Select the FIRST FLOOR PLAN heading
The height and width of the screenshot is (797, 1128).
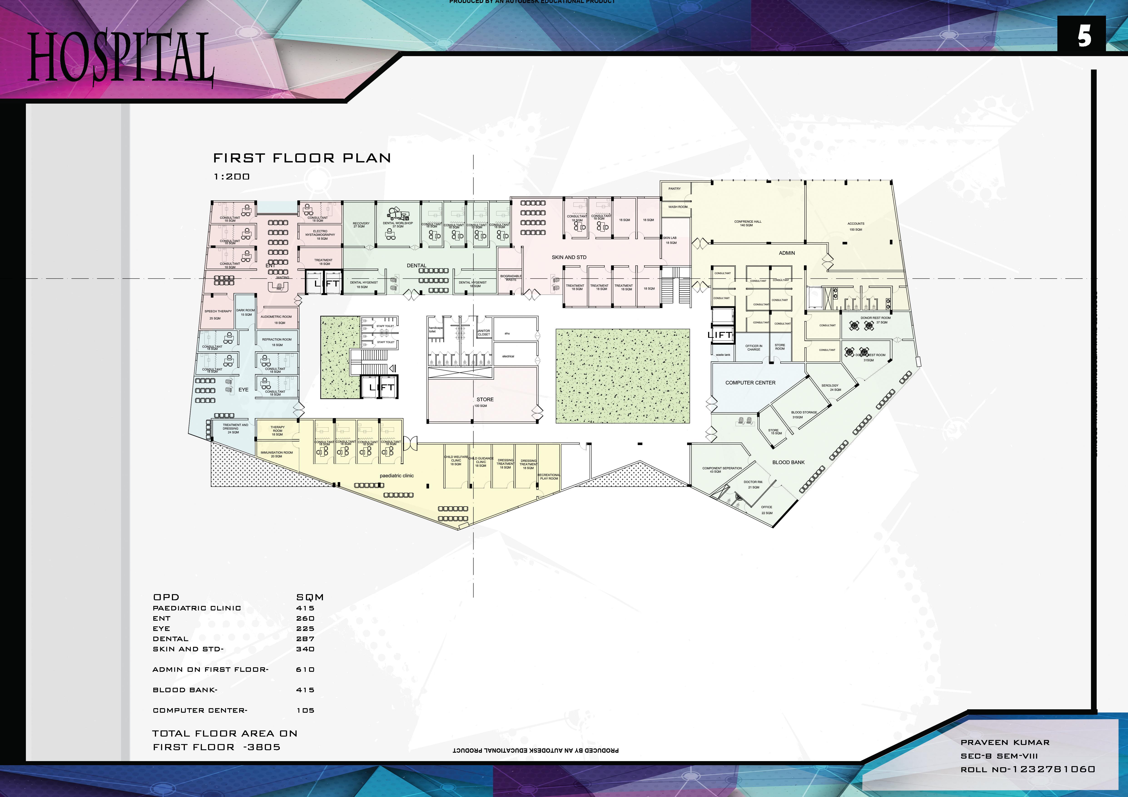click(x=302, y=158)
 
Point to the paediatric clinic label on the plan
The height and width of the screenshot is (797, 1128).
click(x=397, y=476)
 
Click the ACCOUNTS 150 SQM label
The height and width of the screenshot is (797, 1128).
click(x=855, y=226)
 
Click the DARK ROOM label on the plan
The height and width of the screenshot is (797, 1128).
click(x=245, y=312)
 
